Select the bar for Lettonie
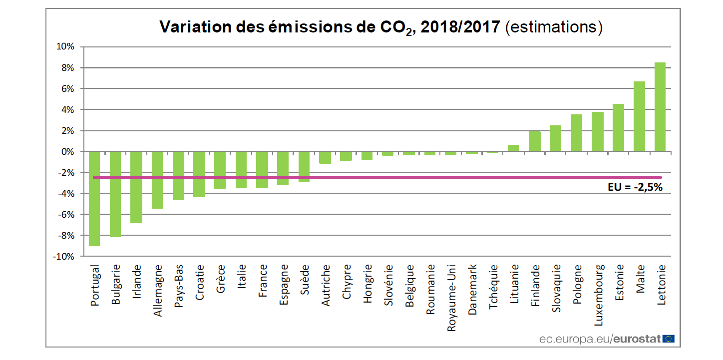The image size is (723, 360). [x=660, y=107]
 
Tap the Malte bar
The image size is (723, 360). [x=639, y=116]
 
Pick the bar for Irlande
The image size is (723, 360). [x=136, y=187]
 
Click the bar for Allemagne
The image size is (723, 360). [x=157, y=180]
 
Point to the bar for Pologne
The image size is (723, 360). [x=576, y=133]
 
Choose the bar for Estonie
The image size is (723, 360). [x=618, y=127]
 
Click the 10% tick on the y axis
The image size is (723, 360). [x=65, y=47]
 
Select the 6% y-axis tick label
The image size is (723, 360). [x=67, y=89]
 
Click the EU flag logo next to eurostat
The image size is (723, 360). [x=669, y=339]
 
